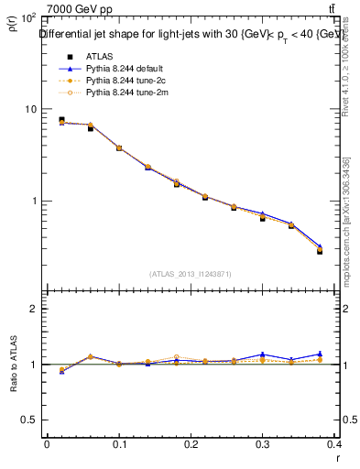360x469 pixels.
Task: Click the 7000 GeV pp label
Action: coord(79,9)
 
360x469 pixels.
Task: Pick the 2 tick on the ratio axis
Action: coord(34,309)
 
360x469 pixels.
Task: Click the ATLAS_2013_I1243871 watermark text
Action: coord(191,274)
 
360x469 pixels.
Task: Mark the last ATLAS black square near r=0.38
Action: coord(320,250)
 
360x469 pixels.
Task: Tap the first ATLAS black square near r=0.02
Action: coord(61,120)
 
